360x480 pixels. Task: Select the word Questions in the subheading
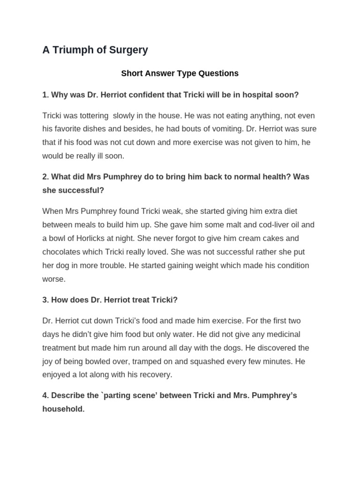[x=218, y=73]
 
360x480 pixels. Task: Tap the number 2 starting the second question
[x=45, y=177]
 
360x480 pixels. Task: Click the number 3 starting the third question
[x=45, y=300]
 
